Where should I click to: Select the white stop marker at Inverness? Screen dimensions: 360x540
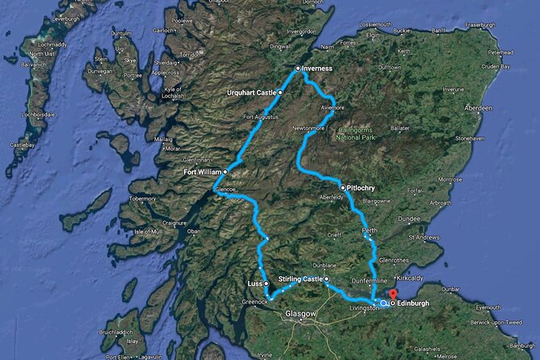pyautogui.click(x=298, y=69)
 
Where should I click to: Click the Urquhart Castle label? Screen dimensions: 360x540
pyautogui.click(x=251, y=93)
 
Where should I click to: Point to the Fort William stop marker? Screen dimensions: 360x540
pyautogui.click(x=225, y=171)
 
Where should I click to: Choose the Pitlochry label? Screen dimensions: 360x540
pyautogui.click(x=365, y=187)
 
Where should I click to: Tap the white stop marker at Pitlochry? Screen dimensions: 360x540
pyautogui.click(x=343, y=187)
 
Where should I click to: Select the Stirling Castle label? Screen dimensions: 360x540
pyautogui.click(x=299, y=278)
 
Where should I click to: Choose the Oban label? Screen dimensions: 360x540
pyautogui.click(x=193, y=232)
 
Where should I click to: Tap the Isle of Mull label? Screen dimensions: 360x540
pyautogui.click(x=149, y=232)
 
